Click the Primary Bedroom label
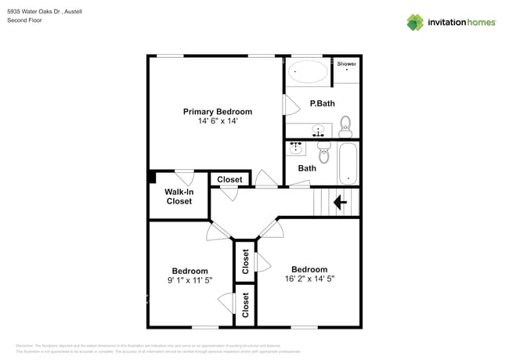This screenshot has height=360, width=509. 218,112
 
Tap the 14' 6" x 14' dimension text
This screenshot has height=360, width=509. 218,121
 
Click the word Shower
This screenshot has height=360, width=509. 347,63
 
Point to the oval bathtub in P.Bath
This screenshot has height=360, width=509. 308,73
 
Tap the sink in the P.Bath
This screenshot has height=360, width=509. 319,129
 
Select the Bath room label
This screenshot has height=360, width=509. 307,168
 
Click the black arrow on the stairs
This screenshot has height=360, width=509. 341,203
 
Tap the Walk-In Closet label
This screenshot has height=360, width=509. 179,196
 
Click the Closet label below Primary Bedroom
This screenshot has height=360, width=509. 229,180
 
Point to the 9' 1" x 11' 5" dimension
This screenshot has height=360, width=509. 190,280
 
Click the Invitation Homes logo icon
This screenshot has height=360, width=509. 415,22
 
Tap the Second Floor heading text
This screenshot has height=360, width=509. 25,20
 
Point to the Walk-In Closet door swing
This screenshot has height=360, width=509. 185,177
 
